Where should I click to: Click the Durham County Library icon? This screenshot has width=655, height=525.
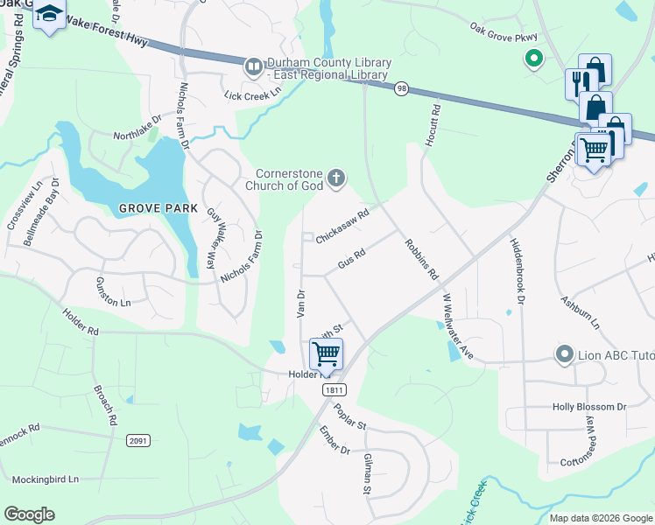point(254,66)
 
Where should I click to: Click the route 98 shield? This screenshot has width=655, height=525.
point(401,88)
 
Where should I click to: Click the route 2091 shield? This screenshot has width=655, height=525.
point(137,440)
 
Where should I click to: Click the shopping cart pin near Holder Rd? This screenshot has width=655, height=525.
point(326,353)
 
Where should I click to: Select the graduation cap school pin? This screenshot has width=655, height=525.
point(50,15)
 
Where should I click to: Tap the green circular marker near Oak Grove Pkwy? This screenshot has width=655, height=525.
point(532,59)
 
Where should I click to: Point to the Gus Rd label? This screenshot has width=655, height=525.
point(350,259)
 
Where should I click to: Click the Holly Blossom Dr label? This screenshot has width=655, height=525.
point(589,407)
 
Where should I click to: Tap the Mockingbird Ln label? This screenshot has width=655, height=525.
point(46,479)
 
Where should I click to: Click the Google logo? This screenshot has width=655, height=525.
point(29,514)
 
